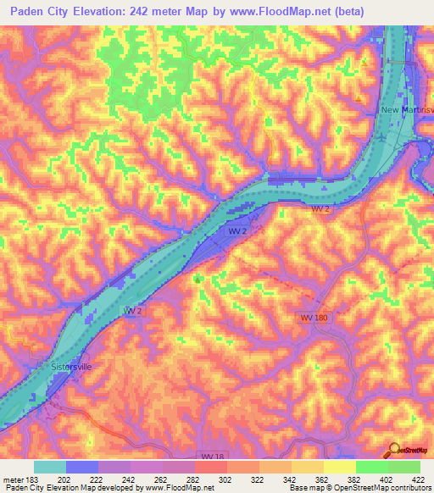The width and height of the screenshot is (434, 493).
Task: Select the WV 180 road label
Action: pyautogui.click(x=314, y=317)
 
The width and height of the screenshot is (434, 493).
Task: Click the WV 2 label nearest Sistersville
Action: pyautogui.click(x=133, y=312)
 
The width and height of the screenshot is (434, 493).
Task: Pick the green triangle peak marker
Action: pyautogui.click(x=198, y=278)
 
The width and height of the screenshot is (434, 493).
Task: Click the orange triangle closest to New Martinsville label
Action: pyautogui.click(x=359, y=98)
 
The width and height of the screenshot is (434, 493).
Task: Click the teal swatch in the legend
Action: pyautogui.click(x=49, y=467)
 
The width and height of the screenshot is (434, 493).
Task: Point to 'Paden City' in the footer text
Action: pyautogui.click(x=21, y=488)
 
